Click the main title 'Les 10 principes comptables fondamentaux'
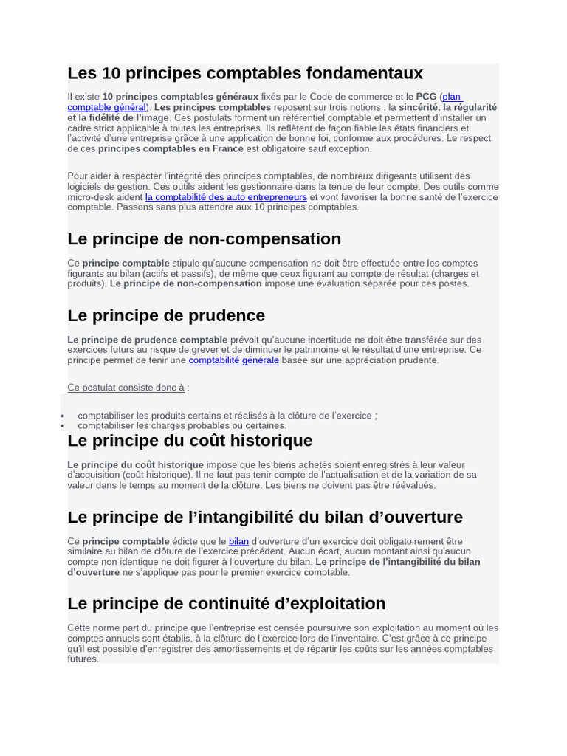(x=245, y=73)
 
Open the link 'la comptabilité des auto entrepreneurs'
(x=226, y=197)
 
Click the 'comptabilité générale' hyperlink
(x=233, y=360)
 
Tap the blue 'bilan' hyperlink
(x=238, y=541)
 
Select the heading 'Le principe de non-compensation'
(x=204, y=239)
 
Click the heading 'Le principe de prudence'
(x=166, y=316)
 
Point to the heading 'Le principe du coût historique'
(x=190, y=441)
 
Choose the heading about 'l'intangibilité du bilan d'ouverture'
(x=265, y=517)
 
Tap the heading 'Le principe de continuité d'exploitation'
(x=226, y=604)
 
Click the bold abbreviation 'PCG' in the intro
(x=426, y=97)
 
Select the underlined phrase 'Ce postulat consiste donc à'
(x=126, y=388)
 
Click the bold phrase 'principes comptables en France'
(x=171, y=148)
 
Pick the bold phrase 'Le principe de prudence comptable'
(x=147, y=340)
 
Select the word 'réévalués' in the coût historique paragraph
(x=413, y=485)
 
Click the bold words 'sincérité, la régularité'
(x=447, y=107)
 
